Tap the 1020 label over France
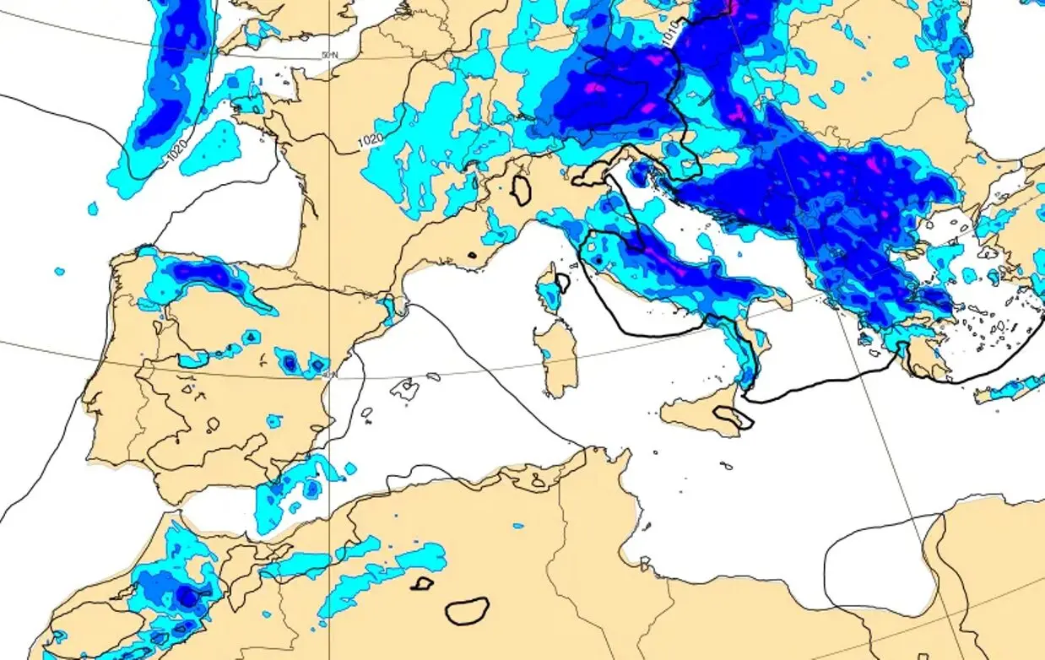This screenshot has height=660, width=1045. point(371,140)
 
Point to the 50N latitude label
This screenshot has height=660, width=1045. point(330,55)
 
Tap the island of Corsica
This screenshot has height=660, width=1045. point(550,288)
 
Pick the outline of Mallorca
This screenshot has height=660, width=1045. point(404,388)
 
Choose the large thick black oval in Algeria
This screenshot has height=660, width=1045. point(467,610)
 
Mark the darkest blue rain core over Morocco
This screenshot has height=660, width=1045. point(187,597)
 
